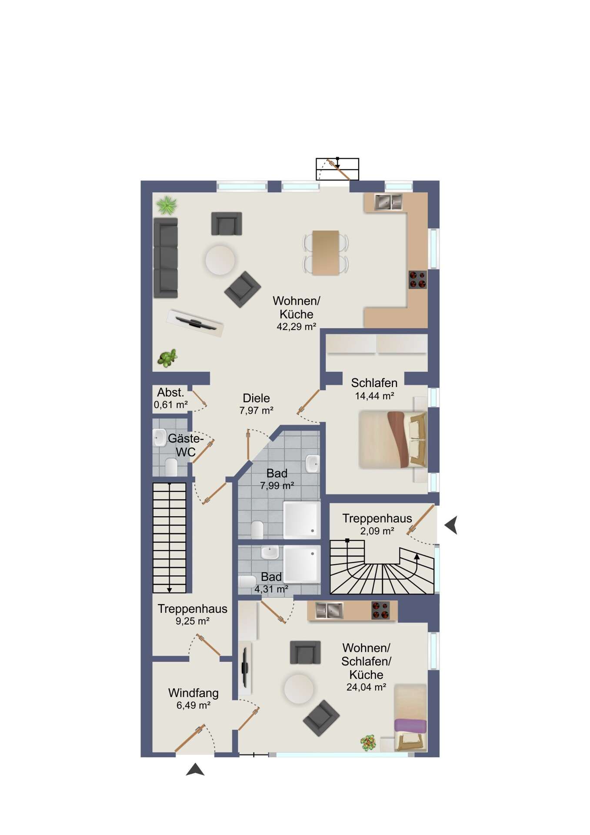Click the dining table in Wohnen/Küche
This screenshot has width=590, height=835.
click(326, 253)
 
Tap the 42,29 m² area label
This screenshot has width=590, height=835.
click(296, 327)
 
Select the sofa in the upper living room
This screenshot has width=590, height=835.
click(166, 258)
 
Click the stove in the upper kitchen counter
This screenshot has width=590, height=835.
click(417, 280)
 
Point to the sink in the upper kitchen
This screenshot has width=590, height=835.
click(388, 202)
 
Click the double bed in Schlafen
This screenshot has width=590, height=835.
click(393, 439)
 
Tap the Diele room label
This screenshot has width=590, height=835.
click(256, 398)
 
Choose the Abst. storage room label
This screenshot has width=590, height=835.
click(170, 392)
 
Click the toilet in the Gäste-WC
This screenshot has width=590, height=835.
click(171, 468)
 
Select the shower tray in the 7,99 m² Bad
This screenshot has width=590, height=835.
click(302, 520)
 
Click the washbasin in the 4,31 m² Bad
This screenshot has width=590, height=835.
click(270, 553)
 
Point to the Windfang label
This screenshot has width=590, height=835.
click(193, 693)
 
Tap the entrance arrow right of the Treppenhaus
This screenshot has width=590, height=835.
click(451, 525)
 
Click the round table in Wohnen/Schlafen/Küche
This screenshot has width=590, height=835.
click(299, 689)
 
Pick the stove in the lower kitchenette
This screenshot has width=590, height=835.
click(380, 610)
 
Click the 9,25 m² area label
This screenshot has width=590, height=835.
click(193, 621)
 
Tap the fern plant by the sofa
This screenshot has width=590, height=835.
click(167, 205)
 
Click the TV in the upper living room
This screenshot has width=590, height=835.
click(195, 323)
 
